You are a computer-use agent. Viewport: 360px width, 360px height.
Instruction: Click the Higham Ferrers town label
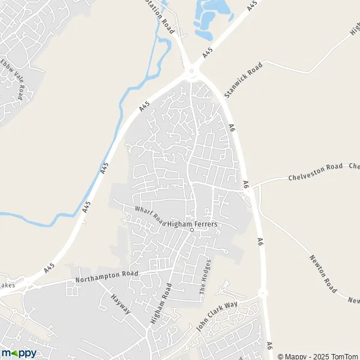(x=192, y=224)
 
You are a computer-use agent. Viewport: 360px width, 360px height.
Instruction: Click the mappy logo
(x=19, y=353)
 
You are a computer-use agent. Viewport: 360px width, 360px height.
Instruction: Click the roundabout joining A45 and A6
(x=192, y=73)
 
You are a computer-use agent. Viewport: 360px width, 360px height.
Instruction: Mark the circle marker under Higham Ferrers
(x=192, y=230)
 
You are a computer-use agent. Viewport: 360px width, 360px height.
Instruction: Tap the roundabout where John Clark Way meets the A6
(x=262, y=293)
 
